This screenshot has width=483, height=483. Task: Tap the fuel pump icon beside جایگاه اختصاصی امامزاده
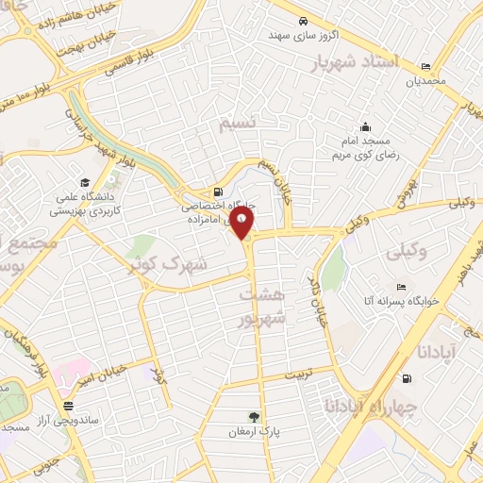[219, 190]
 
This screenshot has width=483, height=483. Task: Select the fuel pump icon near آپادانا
[407, 378]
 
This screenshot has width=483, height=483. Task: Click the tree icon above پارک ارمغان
[253, 417]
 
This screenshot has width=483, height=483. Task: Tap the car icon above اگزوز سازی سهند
[301, 21]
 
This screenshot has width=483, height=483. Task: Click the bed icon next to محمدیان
[425, 66]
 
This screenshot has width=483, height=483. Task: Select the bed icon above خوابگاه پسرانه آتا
[401, 288]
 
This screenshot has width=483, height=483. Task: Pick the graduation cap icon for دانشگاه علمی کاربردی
[85, 182]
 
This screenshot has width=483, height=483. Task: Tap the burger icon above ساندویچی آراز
[67, 406]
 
